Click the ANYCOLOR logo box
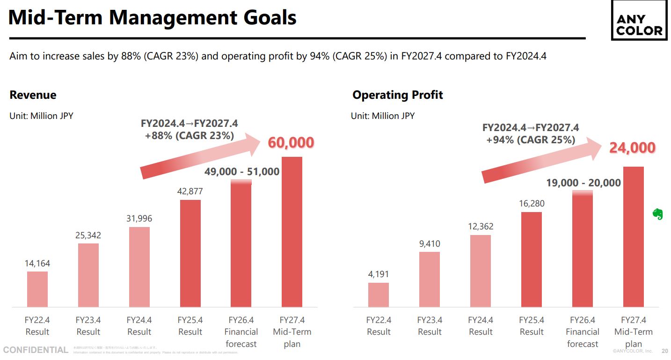pyautogui.click(x=639, y=25)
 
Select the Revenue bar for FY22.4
pyautogui.click(x=37, y=289)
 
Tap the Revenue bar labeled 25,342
pyautogui.click(x=88, y=275)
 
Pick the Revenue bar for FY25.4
pyautogui.click(x=190, y=253)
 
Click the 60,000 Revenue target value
pyautogui.click(x=291, y=143)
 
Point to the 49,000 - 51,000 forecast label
pyautogui.click(x=242, y=172)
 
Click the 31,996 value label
pyautogui.click(x=139, y=219)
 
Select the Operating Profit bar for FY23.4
pyautogui.click(x=430, y=279)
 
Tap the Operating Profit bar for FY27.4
pyautogui.click(x=634, y=236)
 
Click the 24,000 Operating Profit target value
pyautogui.click(x=632, y=148)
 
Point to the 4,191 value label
pyautogui.click(x=379, y=274)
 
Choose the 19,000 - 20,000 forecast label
pyautogui.click(x=583, y=183)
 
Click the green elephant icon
pyautogui.click(x=658, y=214)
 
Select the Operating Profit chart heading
pyautogui.click(x=398, y=95)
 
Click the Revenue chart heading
pyautogui.click(x=33, y=95)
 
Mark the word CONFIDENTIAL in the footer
pyautogui.click(x=36, y=350)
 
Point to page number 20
pyautogui.click(x=664, y=351)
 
